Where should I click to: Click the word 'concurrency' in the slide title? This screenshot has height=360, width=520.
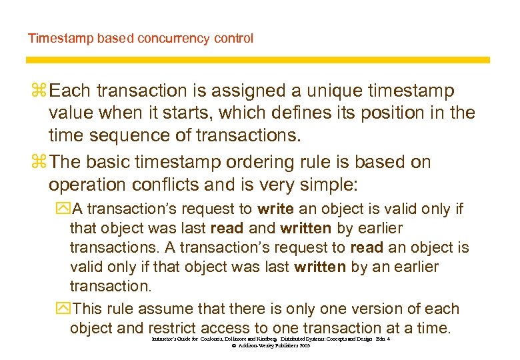[x=172, y=38]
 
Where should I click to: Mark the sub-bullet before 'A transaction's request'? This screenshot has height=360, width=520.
[x=63, y=209]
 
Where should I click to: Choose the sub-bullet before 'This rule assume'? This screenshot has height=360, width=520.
[x=63, y=309]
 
